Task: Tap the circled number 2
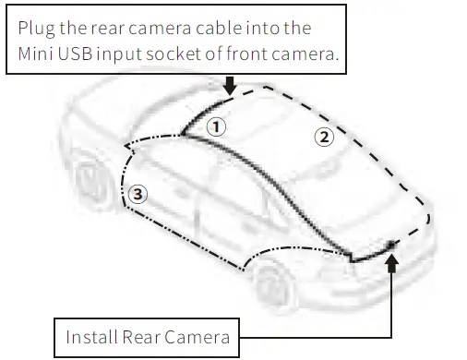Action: tap(323, 138)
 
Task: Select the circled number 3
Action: tap(138, 193)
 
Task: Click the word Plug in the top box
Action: tap(38, 28)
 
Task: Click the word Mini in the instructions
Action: tap(37, 54)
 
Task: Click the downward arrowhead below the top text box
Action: tap(230, 90)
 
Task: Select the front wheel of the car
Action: tap(91, 186)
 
